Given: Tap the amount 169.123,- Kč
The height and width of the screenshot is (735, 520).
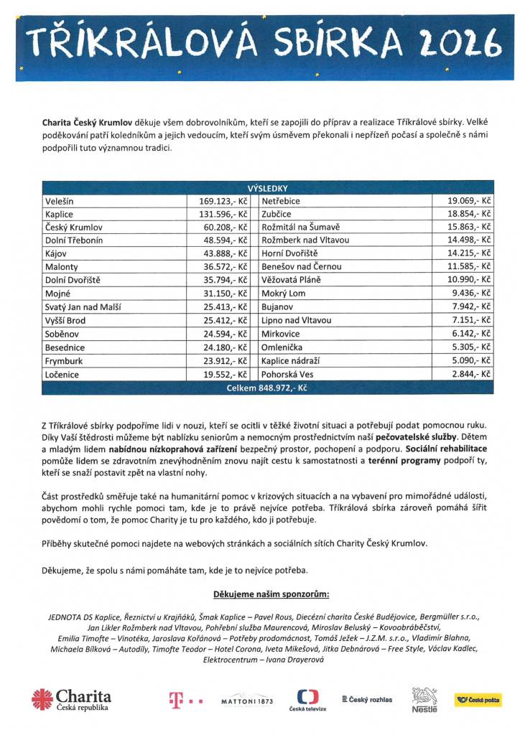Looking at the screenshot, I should (223, 202).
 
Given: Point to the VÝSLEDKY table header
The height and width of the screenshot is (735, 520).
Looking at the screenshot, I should (268, 188).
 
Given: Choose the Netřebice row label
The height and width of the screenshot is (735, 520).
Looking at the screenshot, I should (281, 202).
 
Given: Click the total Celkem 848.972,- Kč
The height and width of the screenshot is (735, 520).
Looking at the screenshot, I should (268, 388).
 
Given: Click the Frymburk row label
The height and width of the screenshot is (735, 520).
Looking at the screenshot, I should (63, 361).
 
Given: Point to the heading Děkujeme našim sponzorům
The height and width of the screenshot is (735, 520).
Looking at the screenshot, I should (271, 595).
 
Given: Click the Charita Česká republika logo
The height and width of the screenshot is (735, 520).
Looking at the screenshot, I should (71, 699).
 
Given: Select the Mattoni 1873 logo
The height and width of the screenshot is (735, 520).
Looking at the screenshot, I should (247, 701).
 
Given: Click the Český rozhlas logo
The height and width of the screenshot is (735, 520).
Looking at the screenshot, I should (367, 699).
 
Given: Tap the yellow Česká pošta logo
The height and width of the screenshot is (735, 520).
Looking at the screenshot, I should (478, 700).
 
